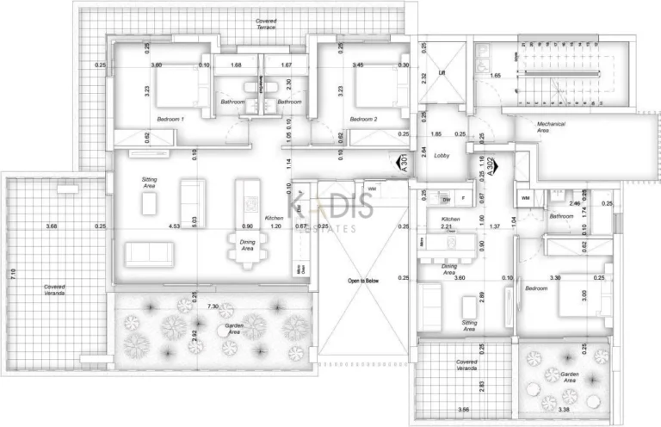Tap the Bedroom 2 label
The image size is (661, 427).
tap(364, 119)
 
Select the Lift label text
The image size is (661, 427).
tap(442, 73)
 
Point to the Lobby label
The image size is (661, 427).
tap(442, 155)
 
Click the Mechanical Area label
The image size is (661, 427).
tap(551, 127)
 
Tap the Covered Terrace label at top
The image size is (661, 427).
tap(266, 23)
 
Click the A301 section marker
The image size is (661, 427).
tap(400, 164)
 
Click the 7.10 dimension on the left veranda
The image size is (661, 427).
tap(13, 275)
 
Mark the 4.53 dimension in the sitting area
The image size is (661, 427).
tap(175, 226)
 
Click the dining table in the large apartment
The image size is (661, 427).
tap(248, 248)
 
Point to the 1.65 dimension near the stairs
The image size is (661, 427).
tap(495, 76)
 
